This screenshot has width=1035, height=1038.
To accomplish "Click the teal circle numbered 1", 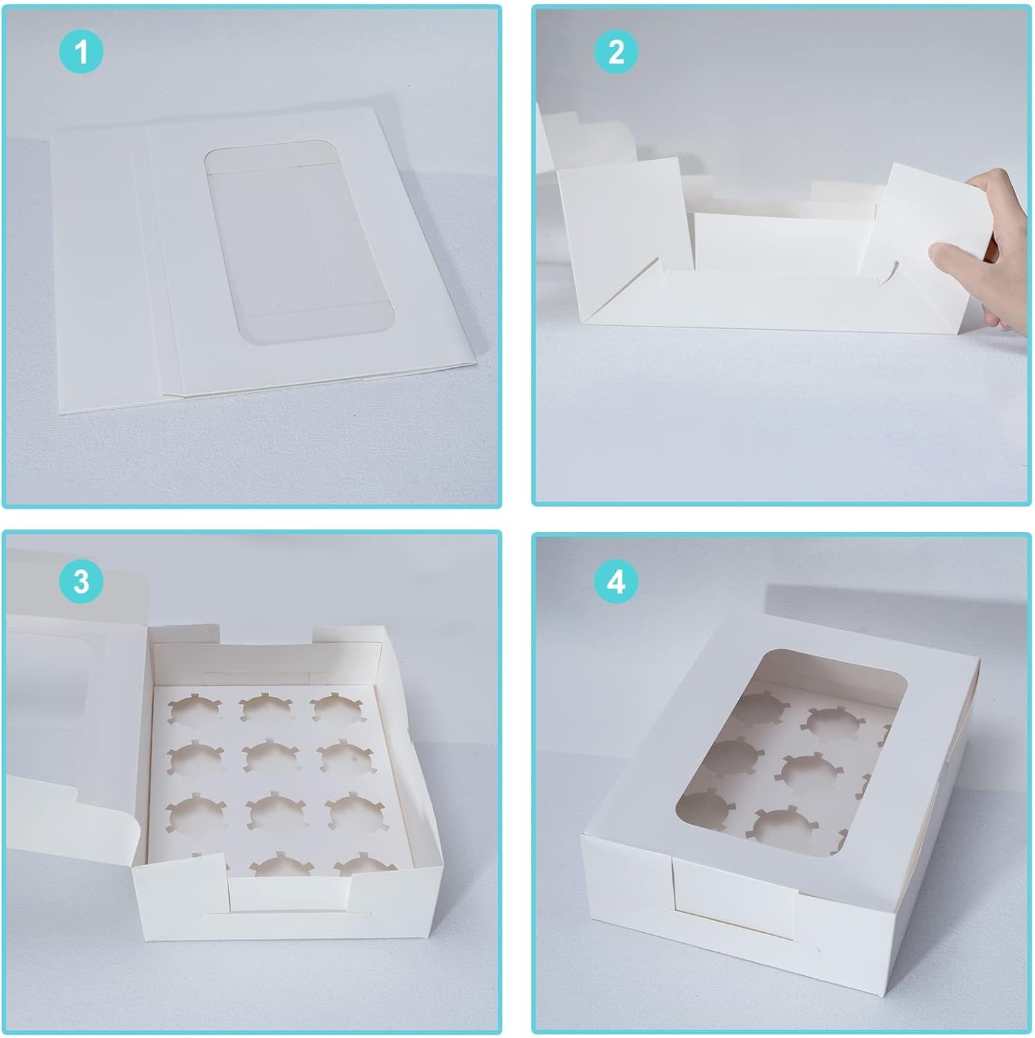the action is (x=81, y=52).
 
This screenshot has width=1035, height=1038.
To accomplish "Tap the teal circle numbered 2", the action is (x=616, y=52).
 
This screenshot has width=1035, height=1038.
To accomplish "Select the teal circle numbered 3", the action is (x=81, y=581).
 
